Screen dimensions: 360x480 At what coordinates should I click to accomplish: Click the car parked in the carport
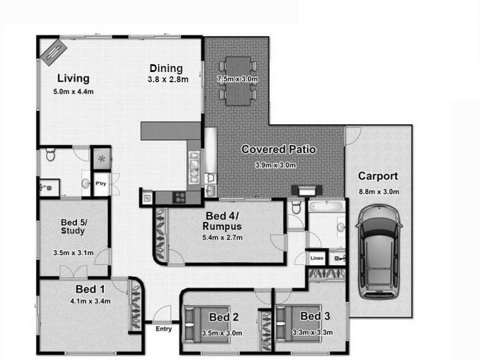(x=379, y=252)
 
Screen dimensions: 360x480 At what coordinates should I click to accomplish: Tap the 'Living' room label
(x=73, y=79)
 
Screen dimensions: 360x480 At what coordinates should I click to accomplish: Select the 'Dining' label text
(x=166, y=68)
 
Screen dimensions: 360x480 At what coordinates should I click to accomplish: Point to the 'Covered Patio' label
(x=278, y=149)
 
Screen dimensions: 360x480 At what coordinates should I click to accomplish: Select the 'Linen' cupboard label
(x=317, y=258)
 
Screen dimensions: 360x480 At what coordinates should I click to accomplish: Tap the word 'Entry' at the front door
(x=163, y=329)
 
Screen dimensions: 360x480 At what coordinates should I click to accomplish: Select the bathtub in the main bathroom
(x=326, y=207)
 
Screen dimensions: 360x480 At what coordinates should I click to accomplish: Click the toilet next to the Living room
(x=50, y=157)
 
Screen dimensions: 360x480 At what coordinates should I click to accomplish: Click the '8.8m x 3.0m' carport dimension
(x=379, y=191)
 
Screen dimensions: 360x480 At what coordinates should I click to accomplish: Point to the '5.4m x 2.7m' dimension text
(x=223, y=238)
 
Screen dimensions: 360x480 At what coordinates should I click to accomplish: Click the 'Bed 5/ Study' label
(x=73, y=227)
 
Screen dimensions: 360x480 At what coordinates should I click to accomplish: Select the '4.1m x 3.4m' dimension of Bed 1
(x=90, y=301)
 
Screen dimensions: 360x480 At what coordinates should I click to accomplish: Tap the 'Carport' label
(x=378, y=176)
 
